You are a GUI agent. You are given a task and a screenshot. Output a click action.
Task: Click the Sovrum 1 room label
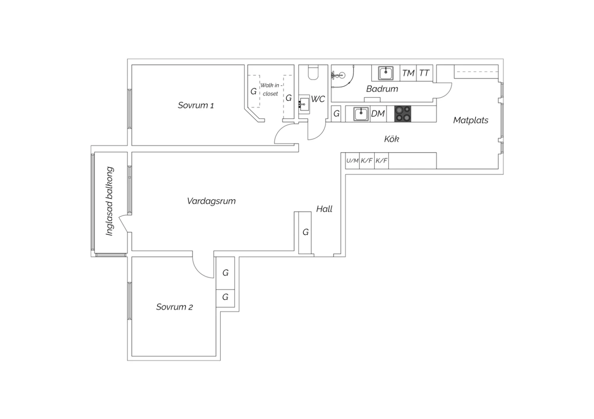pyautogui.click(x=196, y=106)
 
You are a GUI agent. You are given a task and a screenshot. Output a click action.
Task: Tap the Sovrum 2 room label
pyautogui.click(x=175, y=307)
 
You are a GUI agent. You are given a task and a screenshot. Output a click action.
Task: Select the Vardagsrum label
pyautogui.click(x=211, y=201)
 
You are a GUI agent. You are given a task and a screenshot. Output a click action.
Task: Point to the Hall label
pyautogui.click(x=324, y=209)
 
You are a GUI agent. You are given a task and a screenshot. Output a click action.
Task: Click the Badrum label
pyautogui.click(x=382, y=89)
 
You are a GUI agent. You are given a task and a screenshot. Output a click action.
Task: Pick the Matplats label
pyautogui.click(x=471, y=121)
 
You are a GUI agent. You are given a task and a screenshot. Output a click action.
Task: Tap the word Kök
pyautogui.click(x=392, y=139)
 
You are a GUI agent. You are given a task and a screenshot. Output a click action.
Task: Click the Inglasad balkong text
pyautogui.click(x=110, y=201)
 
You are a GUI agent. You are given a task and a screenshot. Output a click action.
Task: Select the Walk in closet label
pyautogui.click(x=271, y=89)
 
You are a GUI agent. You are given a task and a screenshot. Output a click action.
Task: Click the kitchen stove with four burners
pyautogui.click(x=403, y=114)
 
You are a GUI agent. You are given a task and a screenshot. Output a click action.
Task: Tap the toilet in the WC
pyautogui.click(x=313, y=72)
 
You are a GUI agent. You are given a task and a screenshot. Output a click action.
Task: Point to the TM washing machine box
pyautogui.click(x=408, y=73)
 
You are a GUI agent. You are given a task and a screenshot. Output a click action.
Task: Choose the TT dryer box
pyautogui.click(x=425, y=73)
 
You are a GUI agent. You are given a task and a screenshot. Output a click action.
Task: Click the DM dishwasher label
pyautogui.click(x=378, y=114)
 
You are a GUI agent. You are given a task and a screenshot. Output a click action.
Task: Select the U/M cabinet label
pyautogui.click(x=352, y=160)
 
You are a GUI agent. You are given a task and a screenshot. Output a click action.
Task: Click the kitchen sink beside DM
pyautogui.click(x=361, y=114)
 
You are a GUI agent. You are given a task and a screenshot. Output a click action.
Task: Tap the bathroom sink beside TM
pyautogui.click(x=386, y=73)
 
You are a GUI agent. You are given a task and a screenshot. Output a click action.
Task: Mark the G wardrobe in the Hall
pyautogui.click(x=305, y=233)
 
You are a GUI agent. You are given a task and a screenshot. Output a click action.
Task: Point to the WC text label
pyautogui.click(x=318, y=99)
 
